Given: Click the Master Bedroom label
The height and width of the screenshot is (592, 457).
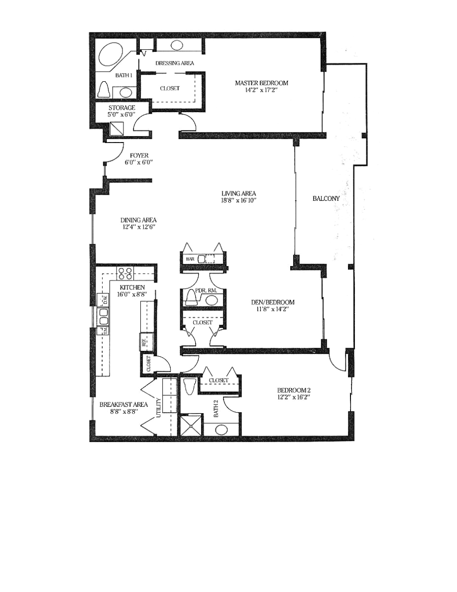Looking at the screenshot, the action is tap(261, 83).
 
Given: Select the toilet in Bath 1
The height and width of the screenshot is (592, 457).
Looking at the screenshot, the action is tap(104, 90).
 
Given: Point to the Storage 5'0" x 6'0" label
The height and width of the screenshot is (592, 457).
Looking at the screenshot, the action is tap(122, 111).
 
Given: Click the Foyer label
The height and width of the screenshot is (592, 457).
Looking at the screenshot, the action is tap(139, 155).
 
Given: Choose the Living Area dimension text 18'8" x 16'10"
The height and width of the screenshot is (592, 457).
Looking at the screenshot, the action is tap(238, 200).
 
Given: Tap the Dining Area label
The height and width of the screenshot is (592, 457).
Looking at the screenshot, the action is tap(138, 220).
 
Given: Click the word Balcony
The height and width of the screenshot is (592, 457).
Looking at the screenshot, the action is tap(326, 198).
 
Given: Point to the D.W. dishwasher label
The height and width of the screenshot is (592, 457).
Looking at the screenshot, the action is tap(106, 300).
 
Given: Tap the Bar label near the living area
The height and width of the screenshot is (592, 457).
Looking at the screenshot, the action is tap(190, 260).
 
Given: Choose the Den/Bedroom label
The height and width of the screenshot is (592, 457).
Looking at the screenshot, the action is tap(273, 302).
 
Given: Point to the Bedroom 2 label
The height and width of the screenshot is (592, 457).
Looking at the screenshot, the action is tap(294, 390).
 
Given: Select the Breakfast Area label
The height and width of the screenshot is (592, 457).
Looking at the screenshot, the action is tap(123, 404).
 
